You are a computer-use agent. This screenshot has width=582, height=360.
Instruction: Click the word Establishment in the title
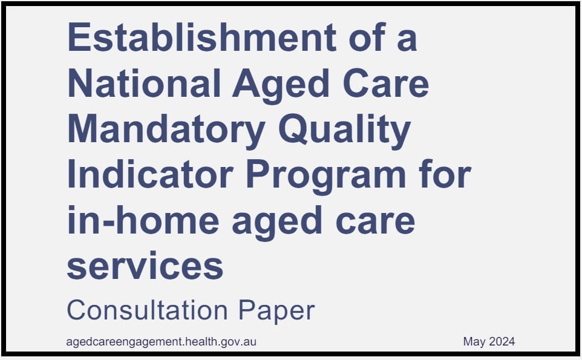(x=201, y=38)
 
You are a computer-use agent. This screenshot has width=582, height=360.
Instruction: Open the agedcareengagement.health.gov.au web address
(x=162, y=342)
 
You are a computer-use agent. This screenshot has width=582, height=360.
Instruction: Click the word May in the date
(x=474, y=342)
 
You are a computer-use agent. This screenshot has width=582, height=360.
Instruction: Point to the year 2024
(x=502, y=342)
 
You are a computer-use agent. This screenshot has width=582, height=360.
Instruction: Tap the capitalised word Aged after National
(x=281, y=85)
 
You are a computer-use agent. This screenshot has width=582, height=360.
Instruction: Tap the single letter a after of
(x=407, y=39)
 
